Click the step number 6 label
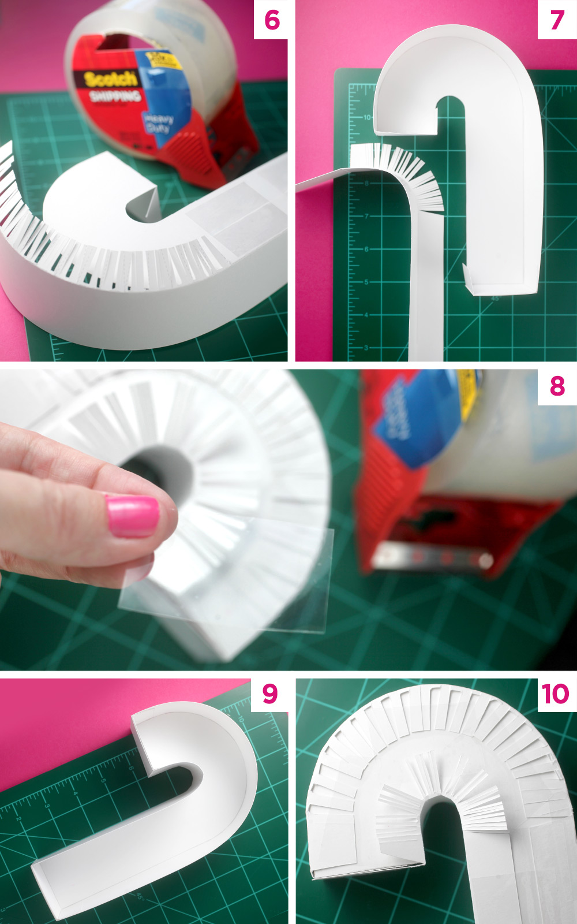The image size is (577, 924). click(x=272, y=20)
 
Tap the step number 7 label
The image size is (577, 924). click(x=557, y=20)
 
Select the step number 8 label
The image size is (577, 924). click(x=557, y=386)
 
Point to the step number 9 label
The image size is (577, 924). click(x=270, y=694)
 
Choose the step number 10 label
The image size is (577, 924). click(x=555, y=694)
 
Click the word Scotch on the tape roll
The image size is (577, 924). click(x=110, y=79)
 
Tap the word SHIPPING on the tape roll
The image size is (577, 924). click(x=115, y=95)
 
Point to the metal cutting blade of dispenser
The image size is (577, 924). click(x=433, y=558)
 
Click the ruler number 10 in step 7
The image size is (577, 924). click(x=368, y=117)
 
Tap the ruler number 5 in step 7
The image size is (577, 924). click(x=366, y=282)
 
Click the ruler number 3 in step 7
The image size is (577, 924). click(x=366, y=348)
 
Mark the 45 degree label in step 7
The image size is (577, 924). click(x=494, y=299)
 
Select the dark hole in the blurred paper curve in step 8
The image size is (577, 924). click(x=159, y=474)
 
